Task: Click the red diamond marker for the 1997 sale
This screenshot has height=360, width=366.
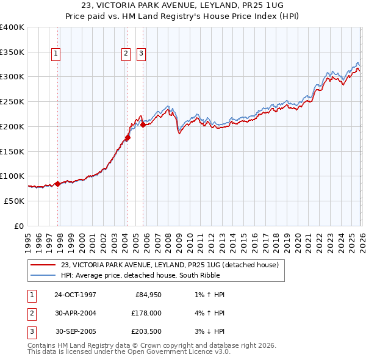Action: coord(57,183)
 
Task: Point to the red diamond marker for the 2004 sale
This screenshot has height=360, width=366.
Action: coord(127,137)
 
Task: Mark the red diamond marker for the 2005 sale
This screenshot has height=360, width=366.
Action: coord(143,124)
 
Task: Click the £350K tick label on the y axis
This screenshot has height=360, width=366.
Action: coord(12,52)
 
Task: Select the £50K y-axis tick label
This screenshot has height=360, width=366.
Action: coord(14,201)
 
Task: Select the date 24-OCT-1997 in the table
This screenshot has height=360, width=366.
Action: coord(75,295)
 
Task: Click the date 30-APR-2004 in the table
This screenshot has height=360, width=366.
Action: coord(75,313)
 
